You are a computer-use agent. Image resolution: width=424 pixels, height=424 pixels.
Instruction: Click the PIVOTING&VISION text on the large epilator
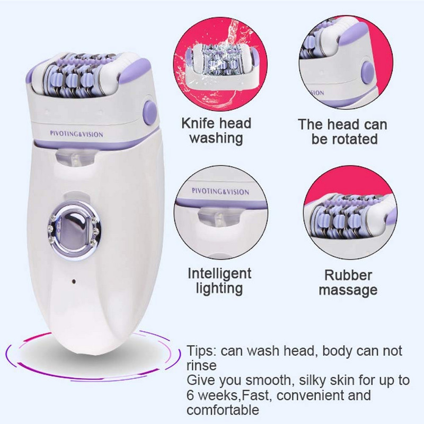tap(77, 134)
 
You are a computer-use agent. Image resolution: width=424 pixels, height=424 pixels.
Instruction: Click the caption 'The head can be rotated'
tap(342, 132)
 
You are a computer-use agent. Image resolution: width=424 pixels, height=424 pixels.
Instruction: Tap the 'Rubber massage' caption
tap(348, 282)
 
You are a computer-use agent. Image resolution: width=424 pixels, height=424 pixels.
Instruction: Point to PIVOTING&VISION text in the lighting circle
tap(220, 191)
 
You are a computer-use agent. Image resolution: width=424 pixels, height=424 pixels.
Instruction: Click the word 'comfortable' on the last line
tap(223, 410)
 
